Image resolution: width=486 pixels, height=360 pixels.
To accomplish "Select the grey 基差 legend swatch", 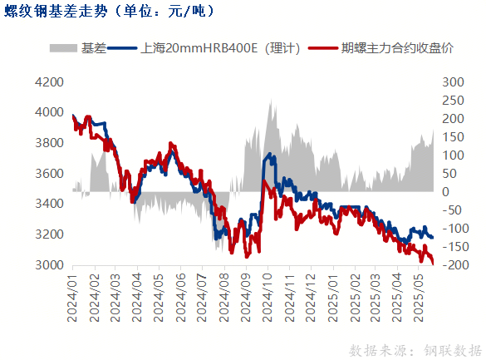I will [64, 48].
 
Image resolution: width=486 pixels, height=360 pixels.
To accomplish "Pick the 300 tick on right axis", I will [452, 81].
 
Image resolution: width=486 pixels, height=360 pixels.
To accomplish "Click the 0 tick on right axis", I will [444, 192].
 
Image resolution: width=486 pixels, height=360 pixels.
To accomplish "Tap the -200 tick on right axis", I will [452, 265].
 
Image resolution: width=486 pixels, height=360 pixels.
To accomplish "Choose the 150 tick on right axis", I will [452, 137].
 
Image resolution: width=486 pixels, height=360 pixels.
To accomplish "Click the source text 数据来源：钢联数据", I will [415, 348].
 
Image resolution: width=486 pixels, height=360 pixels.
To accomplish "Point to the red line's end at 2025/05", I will [433, 263].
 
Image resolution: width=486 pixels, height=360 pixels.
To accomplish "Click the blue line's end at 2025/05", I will [433, 238].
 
